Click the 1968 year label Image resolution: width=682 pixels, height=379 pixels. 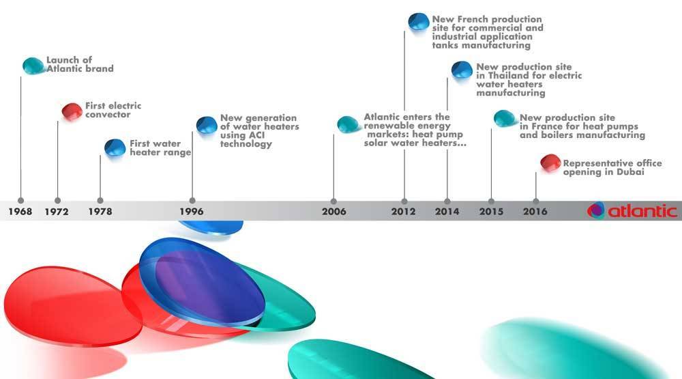point(20,211)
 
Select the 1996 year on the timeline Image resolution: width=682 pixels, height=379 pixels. point(192,211)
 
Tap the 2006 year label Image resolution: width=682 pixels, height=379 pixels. point(334,211)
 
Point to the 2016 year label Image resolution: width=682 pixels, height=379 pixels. point(535,211)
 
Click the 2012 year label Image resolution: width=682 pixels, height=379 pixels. point(403,211)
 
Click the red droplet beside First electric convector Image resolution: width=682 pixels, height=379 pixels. point(72,111)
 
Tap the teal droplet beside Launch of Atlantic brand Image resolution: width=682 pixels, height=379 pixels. point(33,66)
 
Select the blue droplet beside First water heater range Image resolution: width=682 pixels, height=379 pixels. point(115,148)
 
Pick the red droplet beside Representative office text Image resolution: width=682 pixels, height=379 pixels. point(550,163)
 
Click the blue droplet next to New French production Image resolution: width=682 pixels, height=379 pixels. point(419,22)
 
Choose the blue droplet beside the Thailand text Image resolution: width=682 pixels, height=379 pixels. point(462,70)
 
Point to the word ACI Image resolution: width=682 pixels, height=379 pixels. point(256,135)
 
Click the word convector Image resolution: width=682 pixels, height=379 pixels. point(108,115)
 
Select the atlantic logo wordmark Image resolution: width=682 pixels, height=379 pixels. point(642,211)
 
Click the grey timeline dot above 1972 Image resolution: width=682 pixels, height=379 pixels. point(58,201)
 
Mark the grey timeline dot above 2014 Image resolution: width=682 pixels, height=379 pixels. point(447,201)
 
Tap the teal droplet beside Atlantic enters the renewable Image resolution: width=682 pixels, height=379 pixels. point(348,124)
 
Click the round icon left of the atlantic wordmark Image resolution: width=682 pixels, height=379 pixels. point(596,210)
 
